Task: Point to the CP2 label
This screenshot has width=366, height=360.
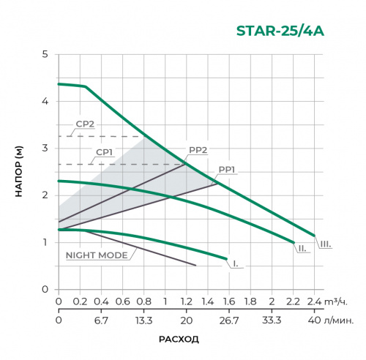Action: [x=85, y=124]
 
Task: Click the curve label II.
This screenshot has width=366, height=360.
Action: [x=302, y=249]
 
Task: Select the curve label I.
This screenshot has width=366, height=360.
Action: [x=235, y=262]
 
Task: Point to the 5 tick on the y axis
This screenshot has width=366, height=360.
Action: [x=45, y=55]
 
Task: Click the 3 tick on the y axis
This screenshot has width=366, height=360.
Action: [x=45, y=149]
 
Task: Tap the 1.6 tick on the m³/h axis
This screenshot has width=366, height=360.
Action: [x=228, y=302]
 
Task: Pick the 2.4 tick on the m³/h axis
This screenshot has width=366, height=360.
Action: [x=315, y=302]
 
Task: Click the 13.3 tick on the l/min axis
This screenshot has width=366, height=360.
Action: [x=143, y=320]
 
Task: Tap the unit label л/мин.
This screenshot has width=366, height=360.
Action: [x=343, y=320]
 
